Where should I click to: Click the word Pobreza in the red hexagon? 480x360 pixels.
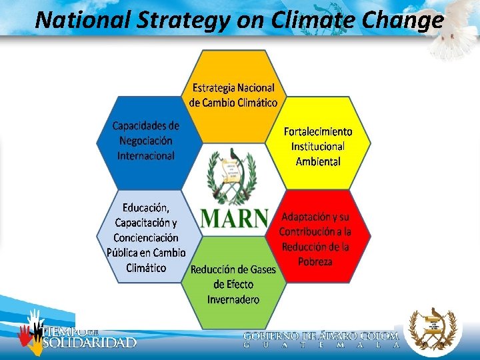point(315,261)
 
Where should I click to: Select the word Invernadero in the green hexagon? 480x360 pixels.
point(233,299)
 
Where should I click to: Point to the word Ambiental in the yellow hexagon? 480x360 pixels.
point(318,161)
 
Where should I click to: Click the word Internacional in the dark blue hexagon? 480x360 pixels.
point(146,156)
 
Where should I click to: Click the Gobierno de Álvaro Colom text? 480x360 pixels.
point(321,337)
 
